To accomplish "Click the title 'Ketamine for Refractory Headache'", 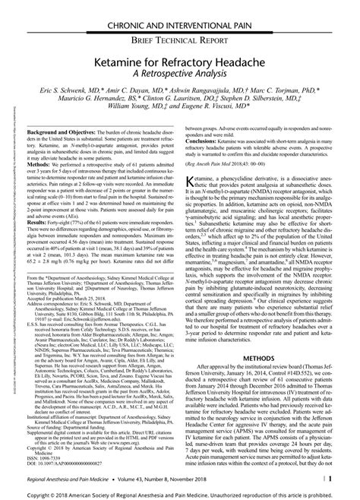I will coord(181,59).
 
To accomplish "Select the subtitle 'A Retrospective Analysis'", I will coord(181,72).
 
